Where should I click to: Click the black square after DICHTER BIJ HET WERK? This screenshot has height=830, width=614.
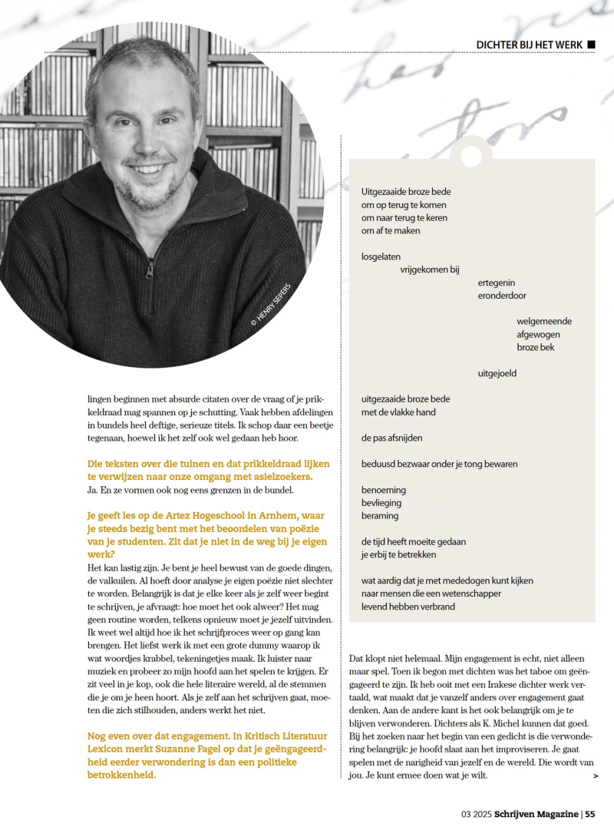coord(591,45)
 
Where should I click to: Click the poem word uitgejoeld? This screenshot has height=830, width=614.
coord(497,373)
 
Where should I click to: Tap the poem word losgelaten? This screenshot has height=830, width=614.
coord(381,256)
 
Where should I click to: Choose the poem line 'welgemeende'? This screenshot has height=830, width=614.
coord(544,321)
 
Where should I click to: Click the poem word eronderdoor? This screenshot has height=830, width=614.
coord(502,295)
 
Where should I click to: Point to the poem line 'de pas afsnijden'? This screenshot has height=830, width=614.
coord(392,438)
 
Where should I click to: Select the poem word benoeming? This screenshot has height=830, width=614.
coord(384,490)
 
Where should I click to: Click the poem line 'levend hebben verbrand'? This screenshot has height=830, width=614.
coord(408,607)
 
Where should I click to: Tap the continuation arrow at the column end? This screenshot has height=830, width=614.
coord(596,776)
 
